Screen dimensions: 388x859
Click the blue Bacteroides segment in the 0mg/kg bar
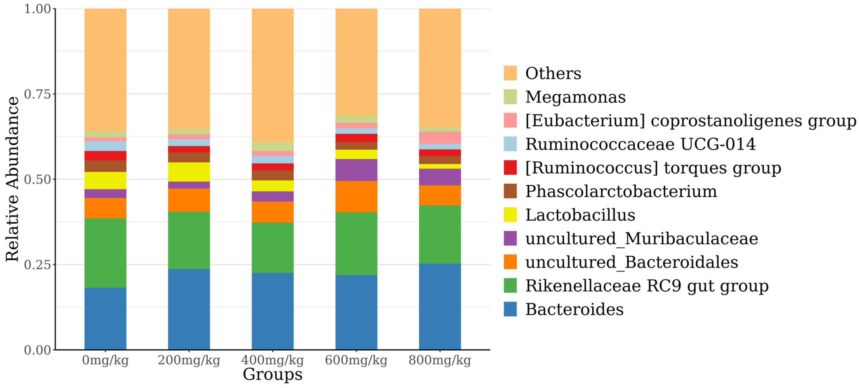point(105,319)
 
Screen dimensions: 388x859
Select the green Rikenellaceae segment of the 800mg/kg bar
point(440,234)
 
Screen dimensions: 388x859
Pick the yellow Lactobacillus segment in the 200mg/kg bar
point(189,172)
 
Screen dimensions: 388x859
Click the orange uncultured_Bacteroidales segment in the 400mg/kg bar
point(272,212)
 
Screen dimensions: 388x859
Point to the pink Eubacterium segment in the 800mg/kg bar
point(440,137)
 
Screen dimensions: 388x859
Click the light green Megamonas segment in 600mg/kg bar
point(356,119)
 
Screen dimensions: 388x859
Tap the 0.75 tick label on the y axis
point(37,94)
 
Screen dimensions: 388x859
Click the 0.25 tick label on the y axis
point(37,264)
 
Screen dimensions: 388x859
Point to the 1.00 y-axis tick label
point(37,9)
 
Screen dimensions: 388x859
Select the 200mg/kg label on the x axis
point(189,360)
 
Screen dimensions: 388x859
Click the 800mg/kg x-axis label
point(440,360)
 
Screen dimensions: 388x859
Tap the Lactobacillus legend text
point(580,215)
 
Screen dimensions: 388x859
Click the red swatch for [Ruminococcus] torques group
point(510,167)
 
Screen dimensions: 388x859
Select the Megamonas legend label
point(575,97)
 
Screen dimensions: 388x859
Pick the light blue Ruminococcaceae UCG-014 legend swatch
point(510,144)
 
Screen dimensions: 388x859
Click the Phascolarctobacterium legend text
point(621,191)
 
